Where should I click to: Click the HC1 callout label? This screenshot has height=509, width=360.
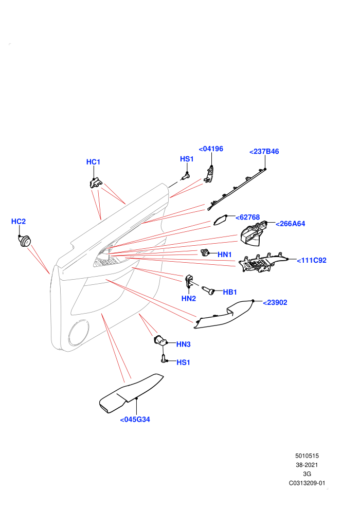(93, 161)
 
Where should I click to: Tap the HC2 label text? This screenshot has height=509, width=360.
(18, 222)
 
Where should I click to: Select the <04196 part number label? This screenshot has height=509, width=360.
(211, 149)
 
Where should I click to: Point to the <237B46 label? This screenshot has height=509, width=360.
(264, 151)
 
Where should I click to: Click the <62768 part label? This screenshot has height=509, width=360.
(248, 217)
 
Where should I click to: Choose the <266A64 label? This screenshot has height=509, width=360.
(290, 224)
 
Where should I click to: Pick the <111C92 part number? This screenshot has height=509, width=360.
(312, 260)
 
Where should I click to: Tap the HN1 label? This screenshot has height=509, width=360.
(225, 254)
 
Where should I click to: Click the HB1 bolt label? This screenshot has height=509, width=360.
(230, 292)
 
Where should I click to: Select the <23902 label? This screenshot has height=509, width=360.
(275, 302)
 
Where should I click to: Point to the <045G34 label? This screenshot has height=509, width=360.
(135, 420)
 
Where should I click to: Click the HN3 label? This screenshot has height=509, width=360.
(184, 344)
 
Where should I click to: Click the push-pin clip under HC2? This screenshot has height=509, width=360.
(24, 241)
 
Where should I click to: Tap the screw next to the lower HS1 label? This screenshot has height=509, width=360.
(164, 359)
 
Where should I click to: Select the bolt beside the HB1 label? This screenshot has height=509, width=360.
(208, 290)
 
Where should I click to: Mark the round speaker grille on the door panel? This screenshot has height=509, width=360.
(78, 333)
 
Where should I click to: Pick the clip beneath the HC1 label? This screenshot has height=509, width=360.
(96, 183)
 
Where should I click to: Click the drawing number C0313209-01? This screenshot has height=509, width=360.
(307, 483)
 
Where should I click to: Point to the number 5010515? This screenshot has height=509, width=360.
(307, 456)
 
